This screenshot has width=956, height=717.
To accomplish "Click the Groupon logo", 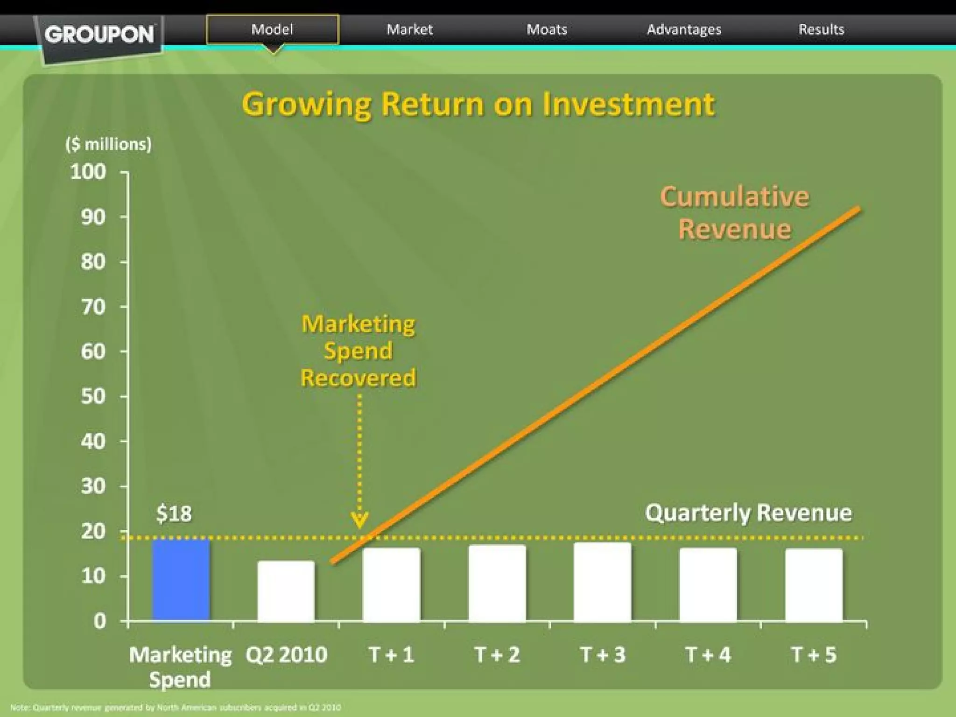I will [99, 35].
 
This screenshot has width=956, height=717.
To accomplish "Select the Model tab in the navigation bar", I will [272, 29].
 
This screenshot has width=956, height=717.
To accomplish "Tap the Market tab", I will [409, 29].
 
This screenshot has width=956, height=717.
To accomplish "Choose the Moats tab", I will [547, 29].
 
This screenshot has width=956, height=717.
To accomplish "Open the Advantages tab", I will [684, 29].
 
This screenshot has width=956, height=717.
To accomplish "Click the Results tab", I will [821, 29].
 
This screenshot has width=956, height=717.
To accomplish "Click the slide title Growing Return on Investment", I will [478, 104].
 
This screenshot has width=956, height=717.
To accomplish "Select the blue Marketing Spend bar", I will [181, 580].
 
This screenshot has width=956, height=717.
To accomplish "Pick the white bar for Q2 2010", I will [286, 591].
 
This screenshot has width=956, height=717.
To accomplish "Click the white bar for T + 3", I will [602, 582].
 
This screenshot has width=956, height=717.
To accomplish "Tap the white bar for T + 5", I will [814, 585].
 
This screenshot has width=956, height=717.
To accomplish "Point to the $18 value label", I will [174, 513].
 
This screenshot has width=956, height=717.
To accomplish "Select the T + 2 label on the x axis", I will [497, 654].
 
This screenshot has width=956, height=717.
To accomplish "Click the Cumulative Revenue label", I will [734, 213].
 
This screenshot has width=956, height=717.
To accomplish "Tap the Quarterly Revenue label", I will [748, 513].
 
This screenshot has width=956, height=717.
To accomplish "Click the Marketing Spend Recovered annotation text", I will [358, 351].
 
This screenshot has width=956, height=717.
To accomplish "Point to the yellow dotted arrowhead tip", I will [359, 527].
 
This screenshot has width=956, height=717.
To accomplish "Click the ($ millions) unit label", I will [109, 144].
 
